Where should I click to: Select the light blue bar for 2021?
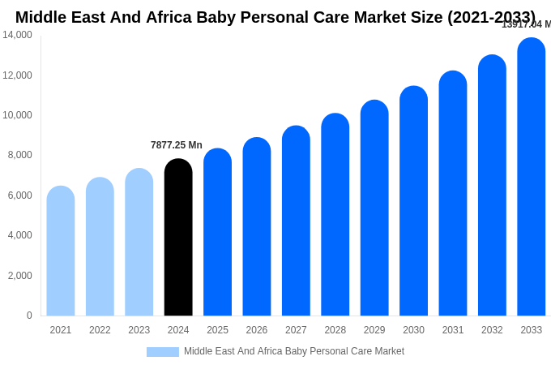pos(61,251)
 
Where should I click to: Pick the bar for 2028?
pos(335,214)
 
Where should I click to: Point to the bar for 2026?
pos(257,226)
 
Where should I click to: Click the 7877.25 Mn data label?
pos(177,145)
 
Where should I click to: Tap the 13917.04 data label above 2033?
pos(526,24)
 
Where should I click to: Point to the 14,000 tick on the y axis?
pos(18,35)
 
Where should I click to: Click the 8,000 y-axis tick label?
pos(20,155)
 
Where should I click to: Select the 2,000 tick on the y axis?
pos(20,276)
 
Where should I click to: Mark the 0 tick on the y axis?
pos(29,316)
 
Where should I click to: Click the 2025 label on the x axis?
pos(217,330)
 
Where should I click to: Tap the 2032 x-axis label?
pos(492,330)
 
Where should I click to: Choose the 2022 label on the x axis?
pos(100,330)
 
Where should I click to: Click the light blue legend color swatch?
pos(162,351)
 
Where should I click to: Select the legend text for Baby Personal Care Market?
pos(294,351)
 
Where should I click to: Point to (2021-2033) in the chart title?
pos(491,17)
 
